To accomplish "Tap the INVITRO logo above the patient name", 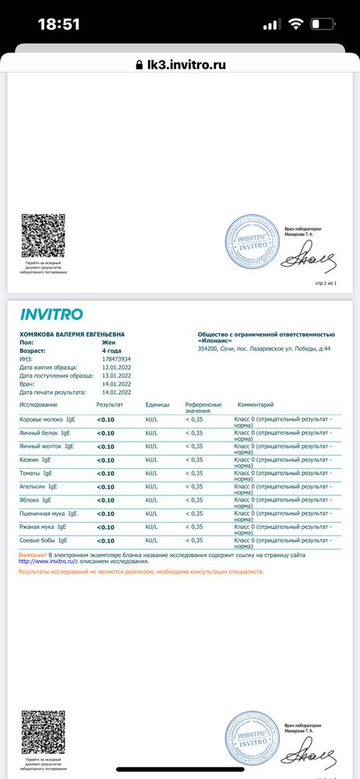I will pyautogui.click(x=51, y=315).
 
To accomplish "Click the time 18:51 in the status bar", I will pyautogui.click(x=59, y=24).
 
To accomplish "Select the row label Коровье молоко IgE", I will pyautogui.click(x=48, y=420).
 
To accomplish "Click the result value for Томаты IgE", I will pyautogui.click(x=105, y=473).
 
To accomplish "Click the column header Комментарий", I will pyautogui.click(x=256, y=405).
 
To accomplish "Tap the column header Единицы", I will pyautogui.click(x=157, y=405).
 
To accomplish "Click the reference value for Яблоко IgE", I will pyautogui.click(x=194, y=500).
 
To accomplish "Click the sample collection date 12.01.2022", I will pyautogui.click(x=117, y=367).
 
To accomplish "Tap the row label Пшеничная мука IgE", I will pyautogui.click(x=48, y=513).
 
